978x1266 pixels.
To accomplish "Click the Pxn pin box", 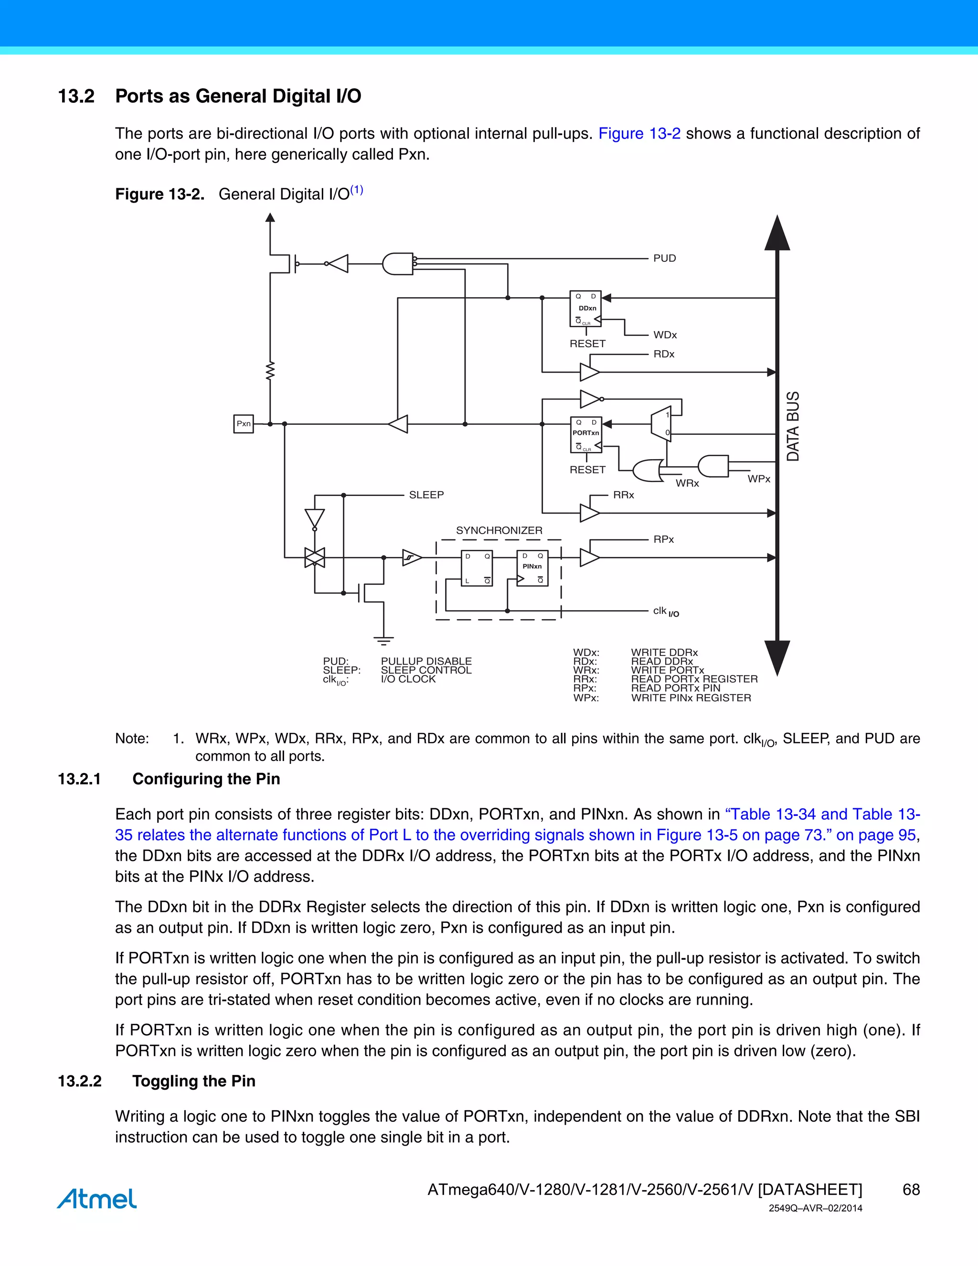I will (244, 424).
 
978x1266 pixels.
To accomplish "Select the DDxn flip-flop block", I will (586, 309).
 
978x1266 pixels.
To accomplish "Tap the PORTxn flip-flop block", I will (586, 435).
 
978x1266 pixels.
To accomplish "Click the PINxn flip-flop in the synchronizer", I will (532, 568).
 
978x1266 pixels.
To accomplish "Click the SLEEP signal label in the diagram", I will (426, 495).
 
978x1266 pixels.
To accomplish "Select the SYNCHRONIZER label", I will (499, 530).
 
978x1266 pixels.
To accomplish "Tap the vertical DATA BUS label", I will (793, 426).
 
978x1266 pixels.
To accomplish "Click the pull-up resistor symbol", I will (270, 371).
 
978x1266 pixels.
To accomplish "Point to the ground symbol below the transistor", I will (383, 641).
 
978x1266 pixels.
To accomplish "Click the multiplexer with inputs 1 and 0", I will (661, 424).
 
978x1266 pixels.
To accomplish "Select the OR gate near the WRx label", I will (648, 471).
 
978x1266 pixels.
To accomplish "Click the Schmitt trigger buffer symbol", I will (411, 558).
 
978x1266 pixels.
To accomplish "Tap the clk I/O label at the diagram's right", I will (666, 612).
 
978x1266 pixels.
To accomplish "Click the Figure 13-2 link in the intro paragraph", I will (639, 134).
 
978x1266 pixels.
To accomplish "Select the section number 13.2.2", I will (80, 1081).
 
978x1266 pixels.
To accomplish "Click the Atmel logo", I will (97, 1199).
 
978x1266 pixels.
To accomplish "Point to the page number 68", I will (911, 1190).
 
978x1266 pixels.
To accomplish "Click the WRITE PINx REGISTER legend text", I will (691, 698).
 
